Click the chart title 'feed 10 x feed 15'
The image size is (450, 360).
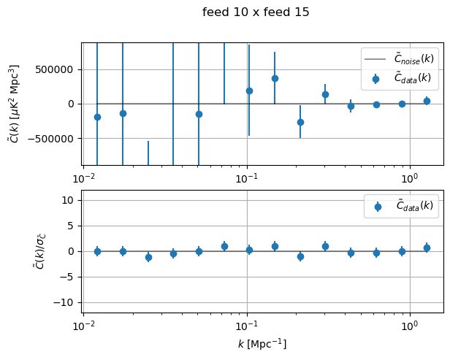pos(256,12)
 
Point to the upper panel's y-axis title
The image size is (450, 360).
pos(14,104)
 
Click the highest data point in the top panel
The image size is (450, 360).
pos(275,78)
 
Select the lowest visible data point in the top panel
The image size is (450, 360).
pos(300,122)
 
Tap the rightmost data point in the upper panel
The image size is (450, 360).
pos(427,101)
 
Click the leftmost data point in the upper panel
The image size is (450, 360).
pos(97,117)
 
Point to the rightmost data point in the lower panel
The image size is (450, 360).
pos(427,248)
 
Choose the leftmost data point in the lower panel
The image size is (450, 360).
pos(97,251)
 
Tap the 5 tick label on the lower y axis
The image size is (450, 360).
pos(71,226)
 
